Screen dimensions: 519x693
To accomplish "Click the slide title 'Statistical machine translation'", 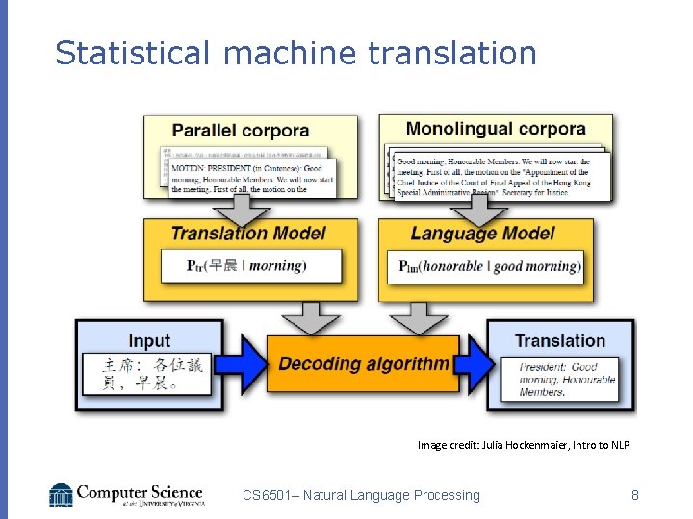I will tap(295, 53).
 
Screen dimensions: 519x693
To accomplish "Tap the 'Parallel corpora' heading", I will tap(241, 131).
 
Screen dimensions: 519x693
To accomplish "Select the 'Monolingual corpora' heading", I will tap(496, 129).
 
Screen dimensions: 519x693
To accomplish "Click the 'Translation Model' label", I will tap(248, 234).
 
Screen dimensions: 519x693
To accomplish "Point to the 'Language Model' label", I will tap(482, 234).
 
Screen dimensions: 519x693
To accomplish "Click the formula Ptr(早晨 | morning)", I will tap(246, 265).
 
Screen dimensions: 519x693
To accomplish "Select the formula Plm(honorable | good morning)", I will tap(490, 266).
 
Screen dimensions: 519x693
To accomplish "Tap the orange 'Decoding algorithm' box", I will tap(363, 364).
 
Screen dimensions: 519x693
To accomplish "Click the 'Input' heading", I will tap(149, 341).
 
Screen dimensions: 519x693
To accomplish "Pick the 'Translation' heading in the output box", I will tap(560, 341).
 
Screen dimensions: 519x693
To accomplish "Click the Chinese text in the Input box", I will tap(153, 375).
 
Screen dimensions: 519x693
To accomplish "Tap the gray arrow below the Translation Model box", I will tap(309, 312).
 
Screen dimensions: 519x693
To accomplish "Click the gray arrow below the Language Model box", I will tap(417, 312).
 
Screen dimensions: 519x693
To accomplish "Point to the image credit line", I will tap(524, 445).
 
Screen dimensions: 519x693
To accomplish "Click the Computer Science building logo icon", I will tap(62, 495).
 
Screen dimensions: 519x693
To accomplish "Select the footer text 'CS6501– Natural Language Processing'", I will tap(361, 495).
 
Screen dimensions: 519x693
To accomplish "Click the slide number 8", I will tap(635, 495).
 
